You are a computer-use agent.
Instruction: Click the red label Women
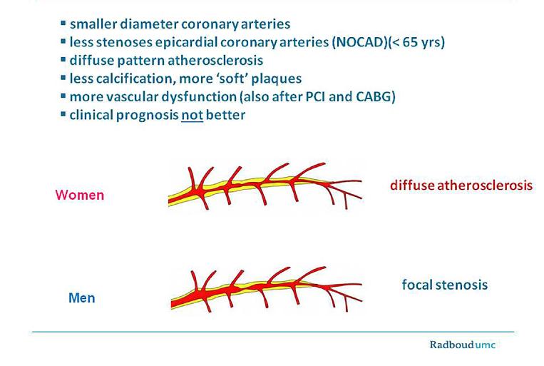click(x=79, y=195)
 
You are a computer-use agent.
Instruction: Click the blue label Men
click(x=81, y=298)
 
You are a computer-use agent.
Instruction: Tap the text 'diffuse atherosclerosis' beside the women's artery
click(x=461, y=185)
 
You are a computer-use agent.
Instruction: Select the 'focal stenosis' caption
click(x=445, y=285)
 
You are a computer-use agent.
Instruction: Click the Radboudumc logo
click(x=462, y=345)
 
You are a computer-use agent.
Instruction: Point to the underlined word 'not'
click(x=193, y=114)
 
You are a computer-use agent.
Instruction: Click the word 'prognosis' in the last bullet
click(x=149, y=114)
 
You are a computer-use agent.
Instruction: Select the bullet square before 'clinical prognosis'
click(x=63, y=113)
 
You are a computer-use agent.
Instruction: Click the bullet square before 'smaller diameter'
click(x=63, y=24)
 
